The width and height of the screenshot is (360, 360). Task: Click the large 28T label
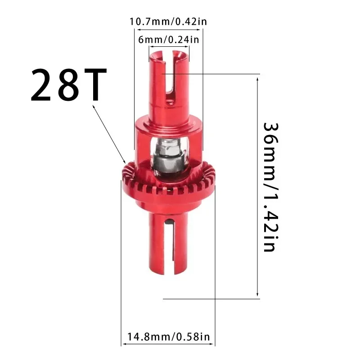pos(69,85)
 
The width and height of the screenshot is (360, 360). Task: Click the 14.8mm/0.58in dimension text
pos(168,336)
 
